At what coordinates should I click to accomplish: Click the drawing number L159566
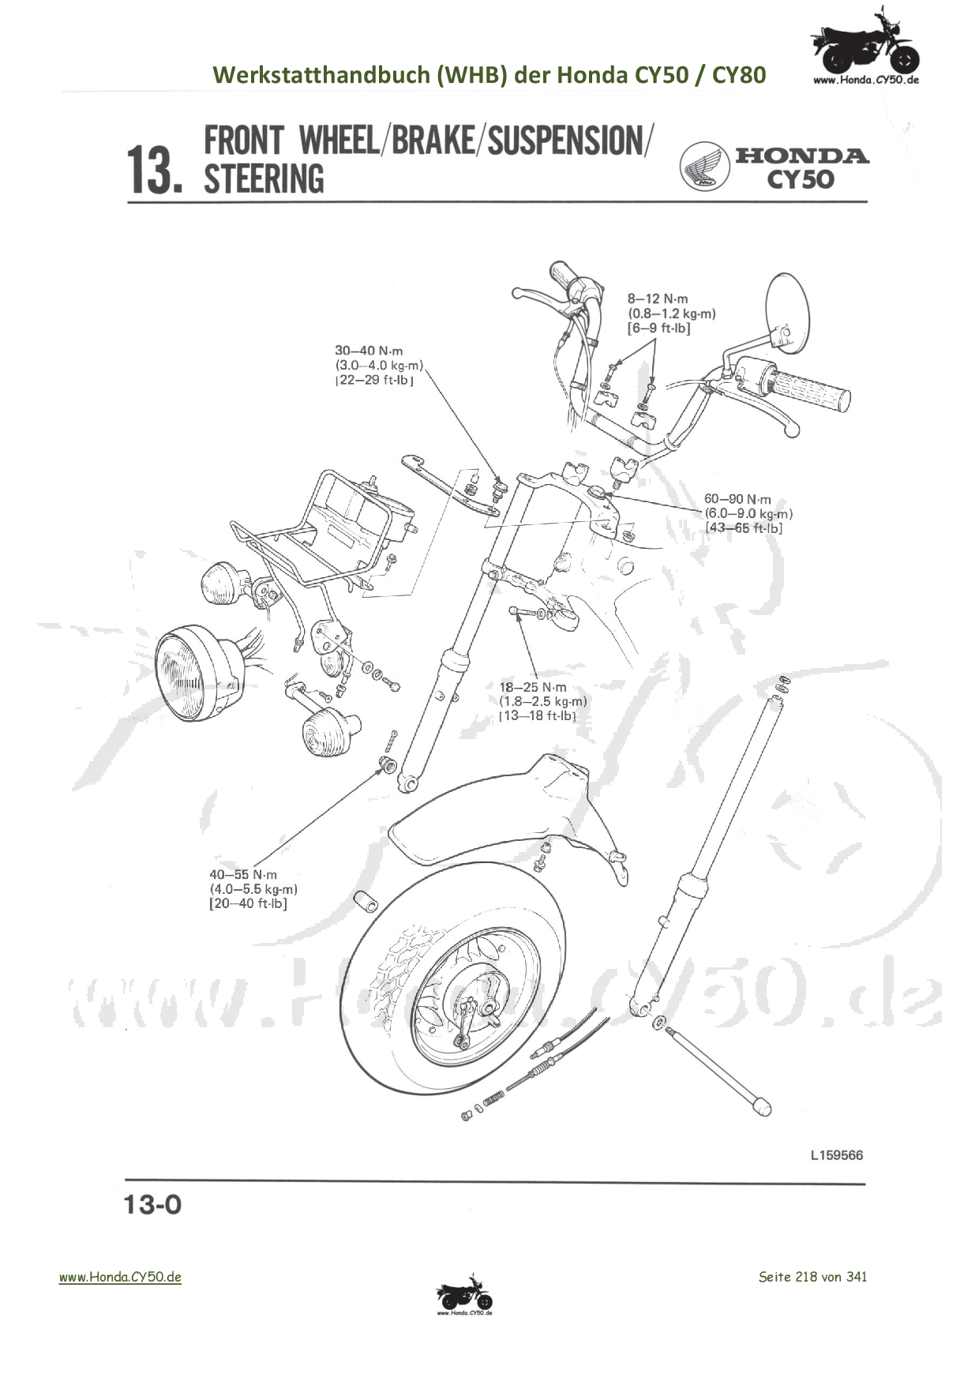click(x=836, y=1155)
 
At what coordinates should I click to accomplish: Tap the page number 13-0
click(x=152, y=1205)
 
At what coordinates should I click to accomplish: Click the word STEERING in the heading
click(x=264, y=178)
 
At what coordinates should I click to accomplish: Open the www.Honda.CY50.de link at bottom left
click(x=120, y=1277)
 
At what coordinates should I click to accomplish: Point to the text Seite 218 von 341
click(x=812, y=1277)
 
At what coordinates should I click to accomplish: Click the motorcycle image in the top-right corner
click(x=865, y=46)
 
